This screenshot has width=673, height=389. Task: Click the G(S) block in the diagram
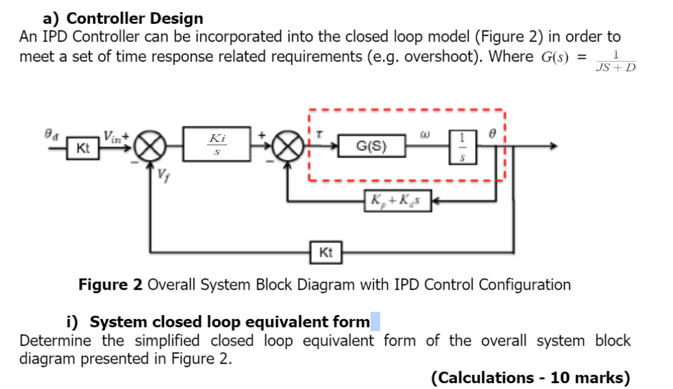click(x=372, y=147)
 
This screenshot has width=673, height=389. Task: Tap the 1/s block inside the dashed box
click(x=462, y=147)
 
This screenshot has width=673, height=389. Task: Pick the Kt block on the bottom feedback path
click(x=326, y=252)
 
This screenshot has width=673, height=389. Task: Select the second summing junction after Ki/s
click(x=288, y=147)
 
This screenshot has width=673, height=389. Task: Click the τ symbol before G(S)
click(x=319, y=135)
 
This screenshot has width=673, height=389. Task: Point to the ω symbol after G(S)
click(x=426, y=135)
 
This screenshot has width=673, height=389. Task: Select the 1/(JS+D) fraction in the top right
click(x=615, y=61)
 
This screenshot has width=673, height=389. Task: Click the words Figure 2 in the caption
click(x=110, y=285)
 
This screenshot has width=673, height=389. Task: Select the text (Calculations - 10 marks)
click(x=530, y=377)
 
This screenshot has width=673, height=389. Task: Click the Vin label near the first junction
click(x=113, y=136)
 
